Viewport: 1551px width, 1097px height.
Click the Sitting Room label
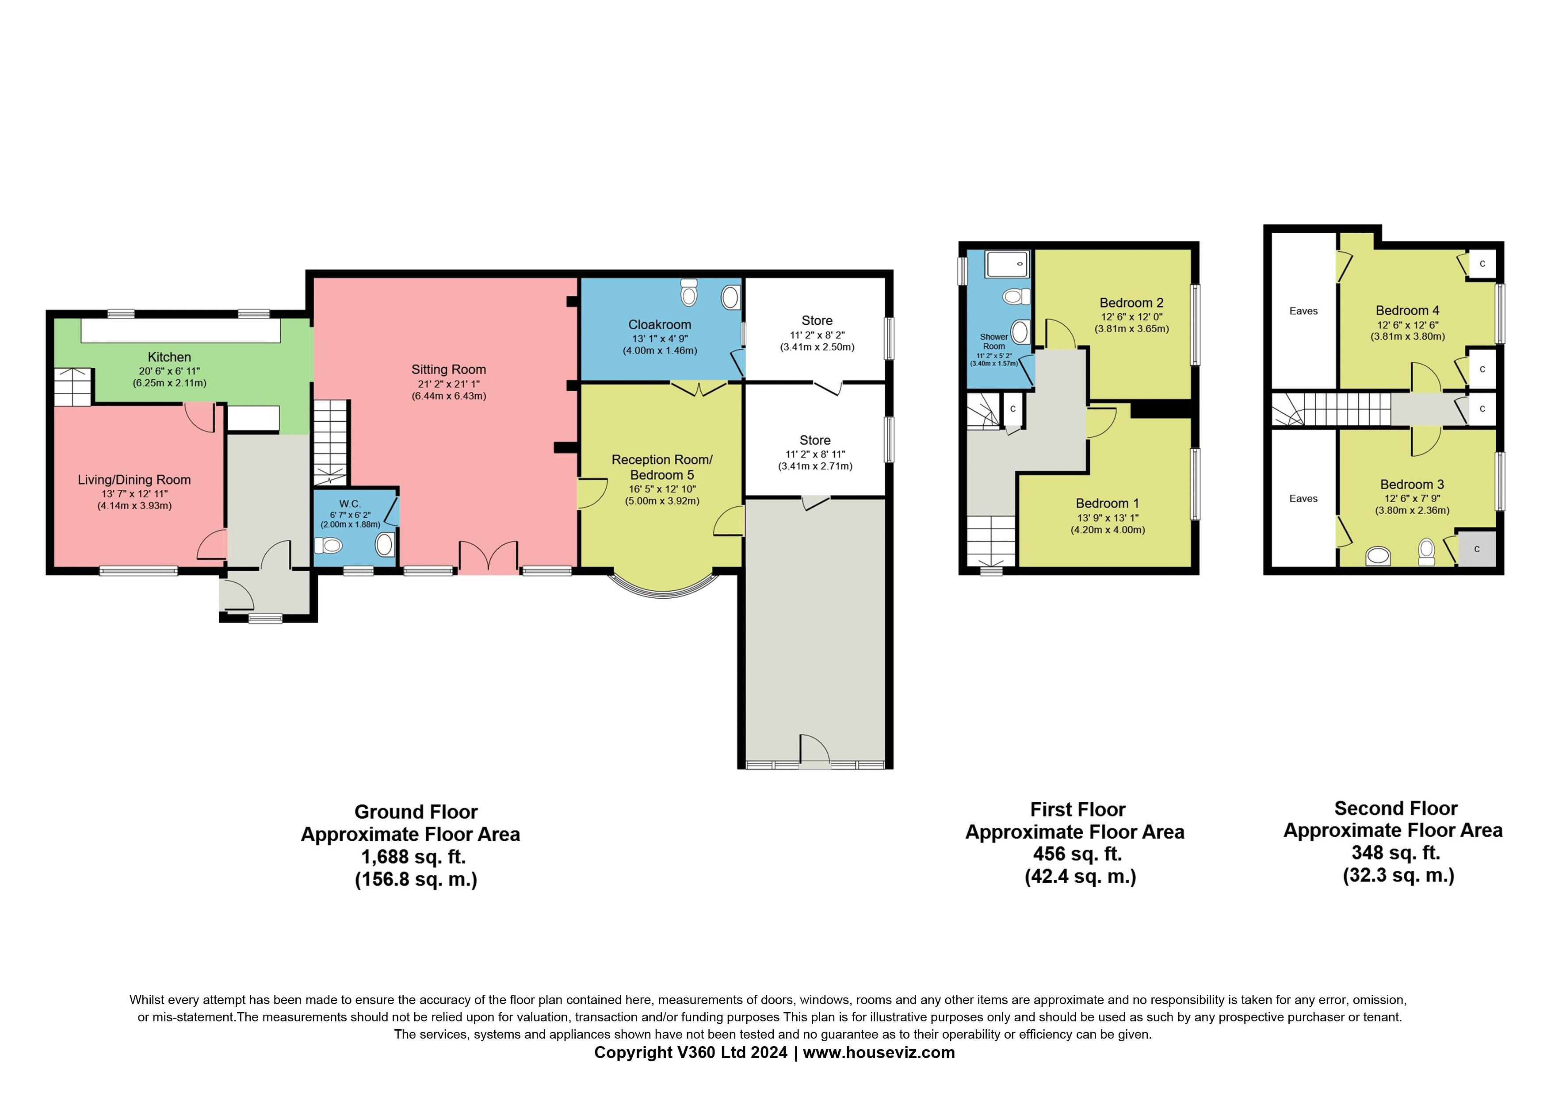449,370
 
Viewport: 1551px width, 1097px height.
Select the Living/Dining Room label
134,480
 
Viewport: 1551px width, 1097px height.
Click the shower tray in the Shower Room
1007,264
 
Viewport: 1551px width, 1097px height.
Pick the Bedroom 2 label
1131,303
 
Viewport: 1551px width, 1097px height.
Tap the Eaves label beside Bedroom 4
1303,311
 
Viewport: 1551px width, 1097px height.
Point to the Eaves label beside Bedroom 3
1303,499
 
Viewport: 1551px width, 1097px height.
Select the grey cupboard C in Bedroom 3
1477,549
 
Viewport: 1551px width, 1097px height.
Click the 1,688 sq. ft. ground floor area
413,857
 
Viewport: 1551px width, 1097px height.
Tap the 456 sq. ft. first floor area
1077,855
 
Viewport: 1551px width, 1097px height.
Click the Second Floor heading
1396,808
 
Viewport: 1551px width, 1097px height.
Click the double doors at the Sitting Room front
489,558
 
